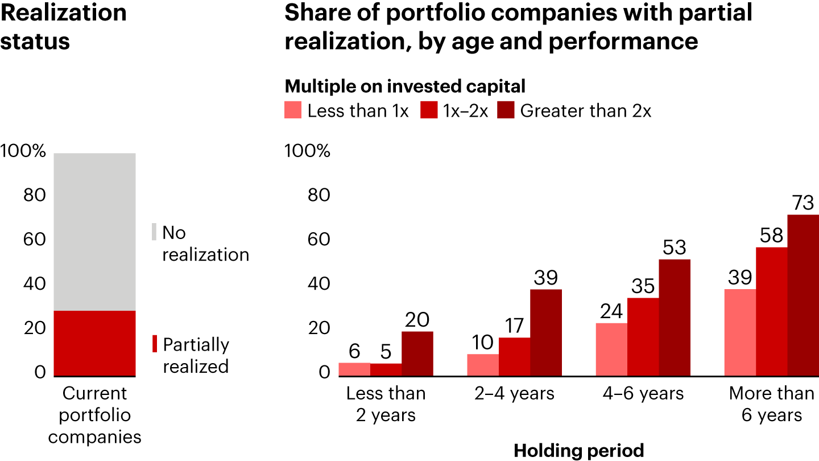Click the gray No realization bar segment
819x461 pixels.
pos(94,232)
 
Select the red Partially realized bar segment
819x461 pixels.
pos(94,343)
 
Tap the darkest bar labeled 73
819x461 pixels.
pos(803,295)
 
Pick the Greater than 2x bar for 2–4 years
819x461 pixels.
pos(546,333)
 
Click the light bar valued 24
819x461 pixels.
pos(611,349)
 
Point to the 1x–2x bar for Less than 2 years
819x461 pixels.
pos(386,369)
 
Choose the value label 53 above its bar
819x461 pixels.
pos(675,248)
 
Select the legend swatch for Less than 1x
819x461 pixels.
pos(293,110)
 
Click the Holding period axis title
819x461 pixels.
pos(579,451)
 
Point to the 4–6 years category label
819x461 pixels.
pos(643,394)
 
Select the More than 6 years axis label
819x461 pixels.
pos(771,404)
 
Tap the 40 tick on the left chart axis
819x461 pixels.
pos(34,284)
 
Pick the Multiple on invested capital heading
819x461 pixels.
pos(405,87)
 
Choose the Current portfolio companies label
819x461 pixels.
pos(94,415)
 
